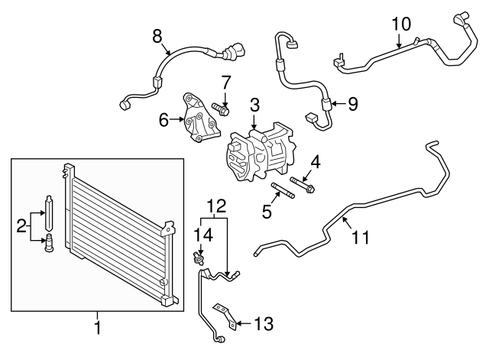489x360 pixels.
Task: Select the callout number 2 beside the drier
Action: coord(21,225)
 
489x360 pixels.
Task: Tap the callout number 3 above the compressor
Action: coord(254,105)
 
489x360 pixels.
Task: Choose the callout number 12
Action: coord(217,205)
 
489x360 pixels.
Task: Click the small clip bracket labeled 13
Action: coord(222,312)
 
